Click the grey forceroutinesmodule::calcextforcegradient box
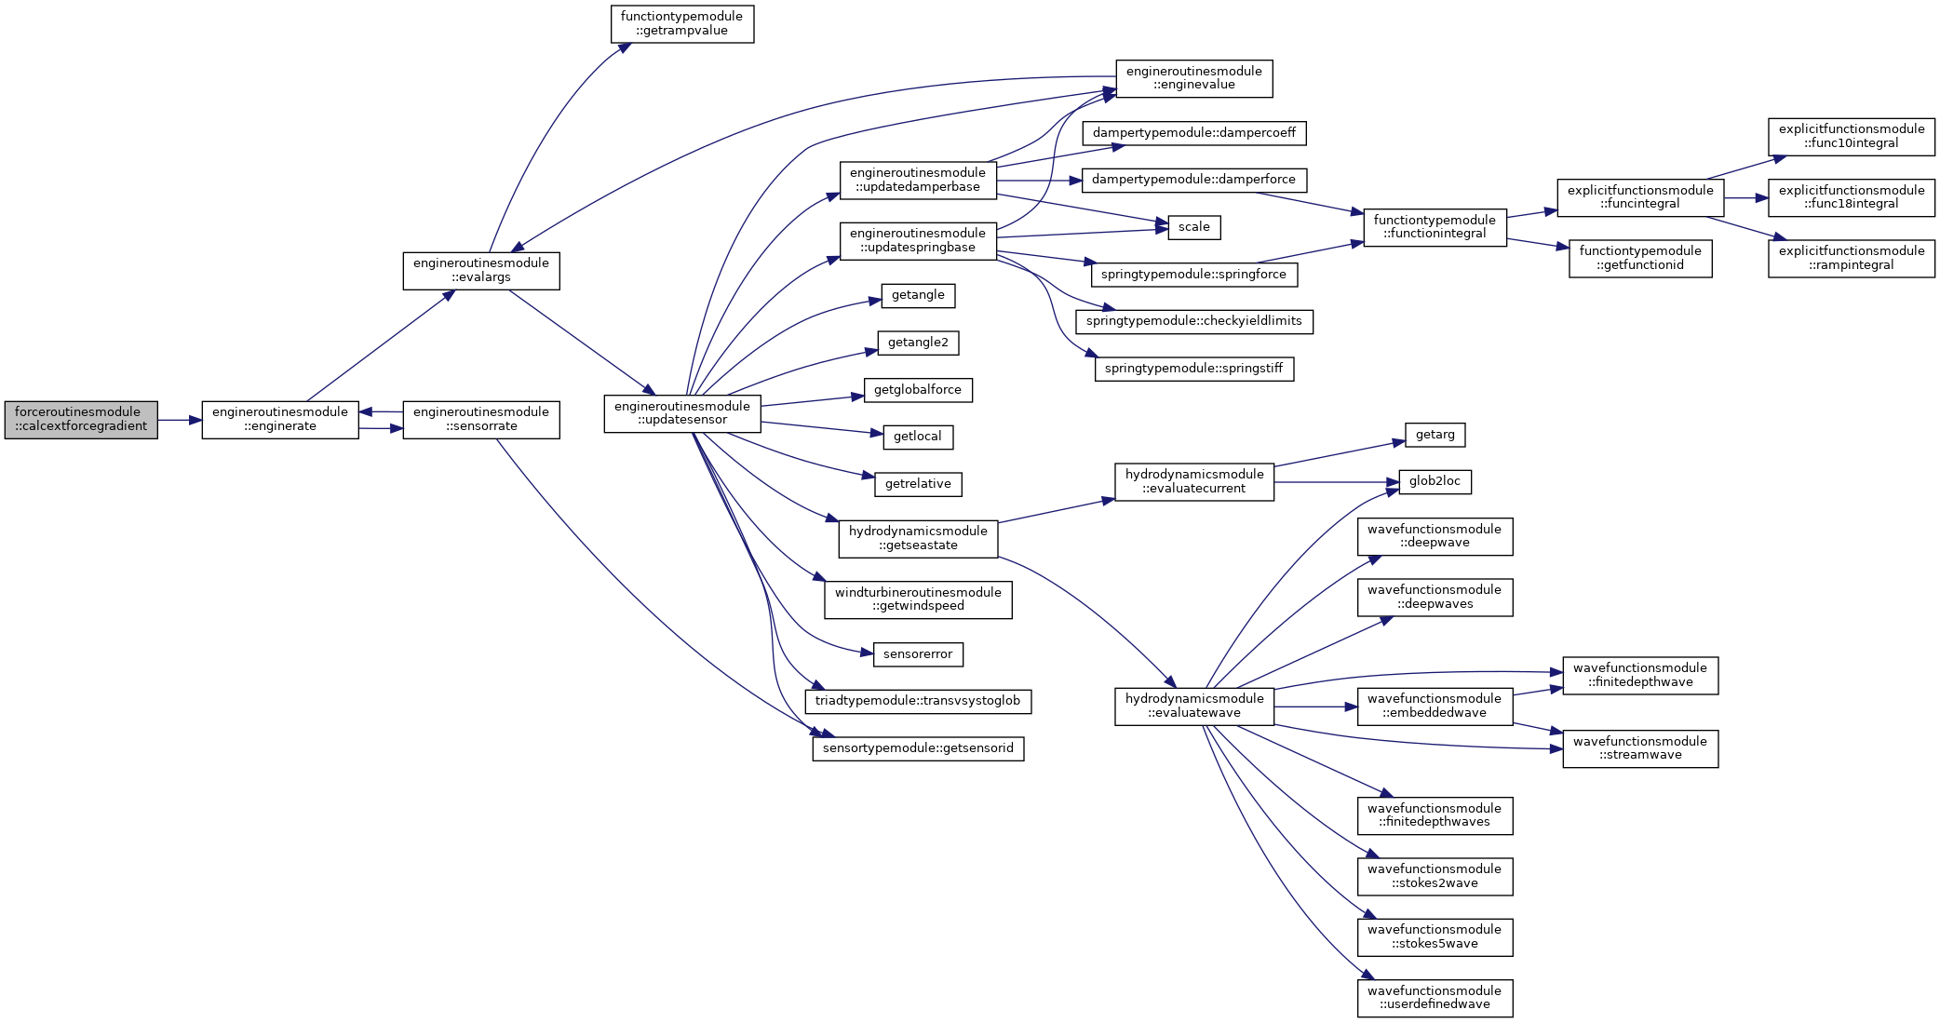pyautogui.click(x=81, y=420)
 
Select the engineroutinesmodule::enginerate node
pyautogui.click(x=280, y=420)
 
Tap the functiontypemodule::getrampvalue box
pyautogui.click(x=682, y=24)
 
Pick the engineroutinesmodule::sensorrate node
pyautogui.click(x=481, y=420)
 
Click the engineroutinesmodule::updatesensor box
pyautogui.click(x=682, y=413)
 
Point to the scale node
pyautogui.click(x=1194, y=227)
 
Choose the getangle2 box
pyautogui.click(x=918, y=343)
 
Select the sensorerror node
pyautogui.click(x=918, y=654)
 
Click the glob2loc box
pyautogui.click(x=1435, y=482)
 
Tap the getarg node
pyautogui.click(x=1435, y=435)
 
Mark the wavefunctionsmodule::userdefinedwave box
pyautogui.click(x=1435, y=998)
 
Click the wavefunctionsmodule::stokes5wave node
pyautogui.click(x=1435, y=937)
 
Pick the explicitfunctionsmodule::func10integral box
pyautogui.click(x=1852, y=137)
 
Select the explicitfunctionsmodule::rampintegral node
pyautogui.click(x=1852, y=259)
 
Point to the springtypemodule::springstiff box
pyautogui.click(x=1194, y=369)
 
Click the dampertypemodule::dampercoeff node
pyautogui.click(x=1194, y=133)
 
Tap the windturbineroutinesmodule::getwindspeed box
pyautogui.click(x=918, y=599)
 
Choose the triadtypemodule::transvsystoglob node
pyautogui.click(x=918, y=702)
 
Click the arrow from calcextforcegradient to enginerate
pyautogui.click(x=180, y=420)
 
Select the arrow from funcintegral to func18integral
pyautogui.click(x=1746, y=198)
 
